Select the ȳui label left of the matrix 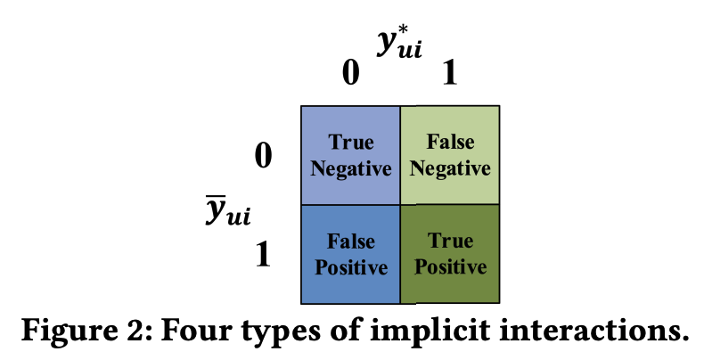(x=228, y=212)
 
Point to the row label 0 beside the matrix (x=263, y=157)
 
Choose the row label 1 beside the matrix (x=263, y=256)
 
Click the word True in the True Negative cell (x=351, y=143)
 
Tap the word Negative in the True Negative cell (x=351, y=168)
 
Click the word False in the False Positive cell (x=350, y=242)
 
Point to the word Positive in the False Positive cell (x=350, y=266)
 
